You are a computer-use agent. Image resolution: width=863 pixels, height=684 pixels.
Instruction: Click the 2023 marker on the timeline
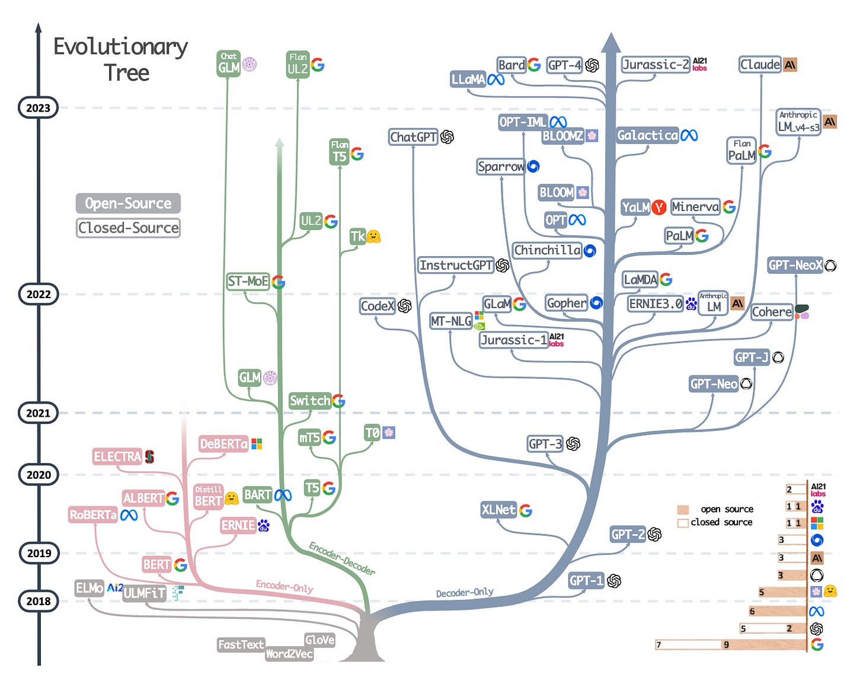coord(38,108)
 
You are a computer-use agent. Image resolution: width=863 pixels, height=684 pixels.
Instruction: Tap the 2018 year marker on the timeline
coord(39,601)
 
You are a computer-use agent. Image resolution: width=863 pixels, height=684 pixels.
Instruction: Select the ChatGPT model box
coord(413,137)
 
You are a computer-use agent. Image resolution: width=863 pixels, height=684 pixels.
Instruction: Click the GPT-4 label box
coord(564,65)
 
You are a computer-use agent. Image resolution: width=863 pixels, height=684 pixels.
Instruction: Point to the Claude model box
coord(760,65)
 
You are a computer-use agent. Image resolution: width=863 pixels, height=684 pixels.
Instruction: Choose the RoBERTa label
coord(93,515)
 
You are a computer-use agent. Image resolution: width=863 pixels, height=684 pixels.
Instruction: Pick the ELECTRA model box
coord(117,456)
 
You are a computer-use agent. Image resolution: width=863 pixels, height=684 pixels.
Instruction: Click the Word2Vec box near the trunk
coord(289,654)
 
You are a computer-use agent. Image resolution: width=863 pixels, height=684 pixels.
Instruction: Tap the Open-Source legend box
coord(128,203)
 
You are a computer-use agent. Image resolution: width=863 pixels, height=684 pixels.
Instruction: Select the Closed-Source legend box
coord(128,228)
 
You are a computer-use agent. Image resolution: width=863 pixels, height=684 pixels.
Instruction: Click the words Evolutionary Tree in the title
coord(121,59)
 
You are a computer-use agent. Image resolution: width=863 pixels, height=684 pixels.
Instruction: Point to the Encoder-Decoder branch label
coord(342,558)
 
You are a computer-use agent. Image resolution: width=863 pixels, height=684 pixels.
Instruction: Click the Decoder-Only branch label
coord(465,592)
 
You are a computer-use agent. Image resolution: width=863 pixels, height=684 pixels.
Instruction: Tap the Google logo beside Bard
coord(534,65)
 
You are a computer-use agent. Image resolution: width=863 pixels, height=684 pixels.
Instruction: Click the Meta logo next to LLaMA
coord(496,79)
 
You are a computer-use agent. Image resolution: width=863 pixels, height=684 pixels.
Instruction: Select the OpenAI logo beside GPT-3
coord(573,444)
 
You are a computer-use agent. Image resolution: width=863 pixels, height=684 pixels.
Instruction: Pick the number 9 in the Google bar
coord(726,645)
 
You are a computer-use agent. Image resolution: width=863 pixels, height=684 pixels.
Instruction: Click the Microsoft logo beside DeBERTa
coord(257,444)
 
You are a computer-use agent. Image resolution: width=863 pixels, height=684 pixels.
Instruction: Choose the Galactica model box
coord(647,136)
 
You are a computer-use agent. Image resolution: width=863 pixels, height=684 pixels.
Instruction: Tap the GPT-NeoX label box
coord(795,265)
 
